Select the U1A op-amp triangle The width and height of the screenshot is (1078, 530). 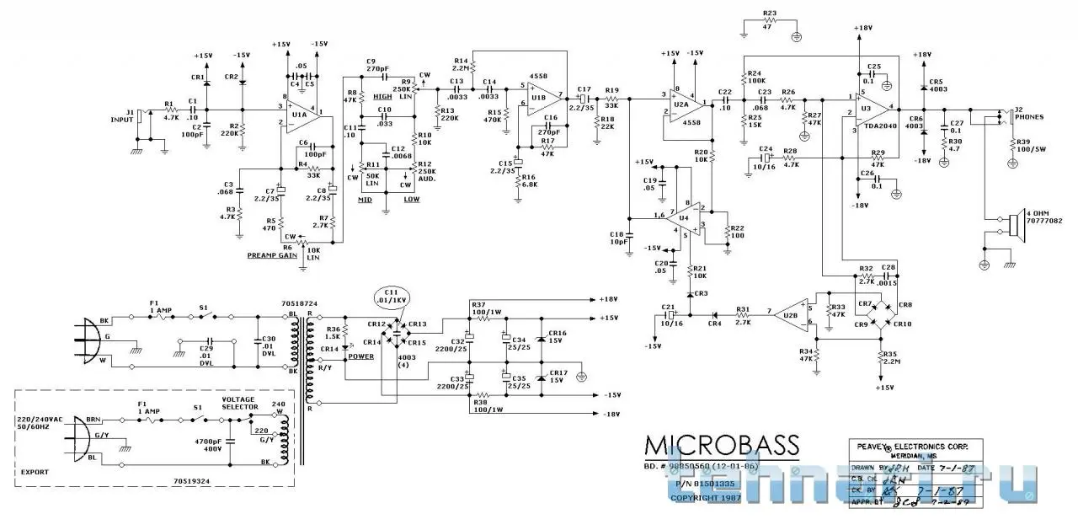coord(297,114)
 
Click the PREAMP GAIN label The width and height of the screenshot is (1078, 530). coord(272,254)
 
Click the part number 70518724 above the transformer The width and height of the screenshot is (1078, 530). coord(298,302)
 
